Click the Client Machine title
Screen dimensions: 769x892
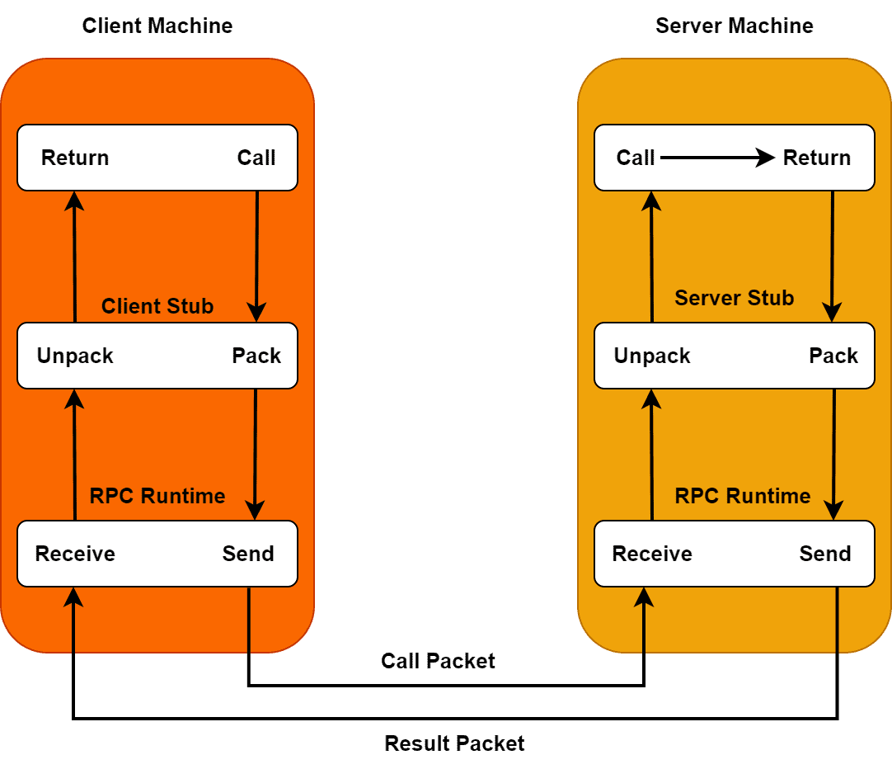(157, 26)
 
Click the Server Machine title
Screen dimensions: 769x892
(734, 26)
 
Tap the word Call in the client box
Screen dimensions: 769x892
(256, 158)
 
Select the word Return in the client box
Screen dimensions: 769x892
(75, 158)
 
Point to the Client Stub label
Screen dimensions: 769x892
(157, 306)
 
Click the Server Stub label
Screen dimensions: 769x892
(734, 298)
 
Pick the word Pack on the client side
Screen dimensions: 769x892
(256, 356)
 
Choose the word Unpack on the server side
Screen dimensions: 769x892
(652, 356)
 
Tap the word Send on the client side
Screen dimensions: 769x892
(248, 554)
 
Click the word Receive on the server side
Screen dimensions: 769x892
(652, 554)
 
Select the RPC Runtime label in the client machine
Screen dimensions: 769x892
(157, 496)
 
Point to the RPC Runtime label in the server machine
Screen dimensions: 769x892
(742, 496)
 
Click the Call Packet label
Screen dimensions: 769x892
(438, 661)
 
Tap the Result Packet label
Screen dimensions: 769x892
(454, 743)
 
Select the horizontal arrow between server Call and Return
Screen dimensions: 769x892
(717, 158)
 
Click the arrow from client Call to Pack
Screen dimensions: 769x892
(256, 256)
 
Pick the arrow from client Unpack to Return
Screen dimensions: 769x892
(75, 256)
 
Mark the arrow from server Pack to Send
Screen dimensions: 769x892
(834, 454)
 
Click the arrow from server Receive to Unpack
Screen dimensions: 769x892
(652, 454)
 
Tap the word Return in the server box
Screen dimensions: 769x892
(817, 158)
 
